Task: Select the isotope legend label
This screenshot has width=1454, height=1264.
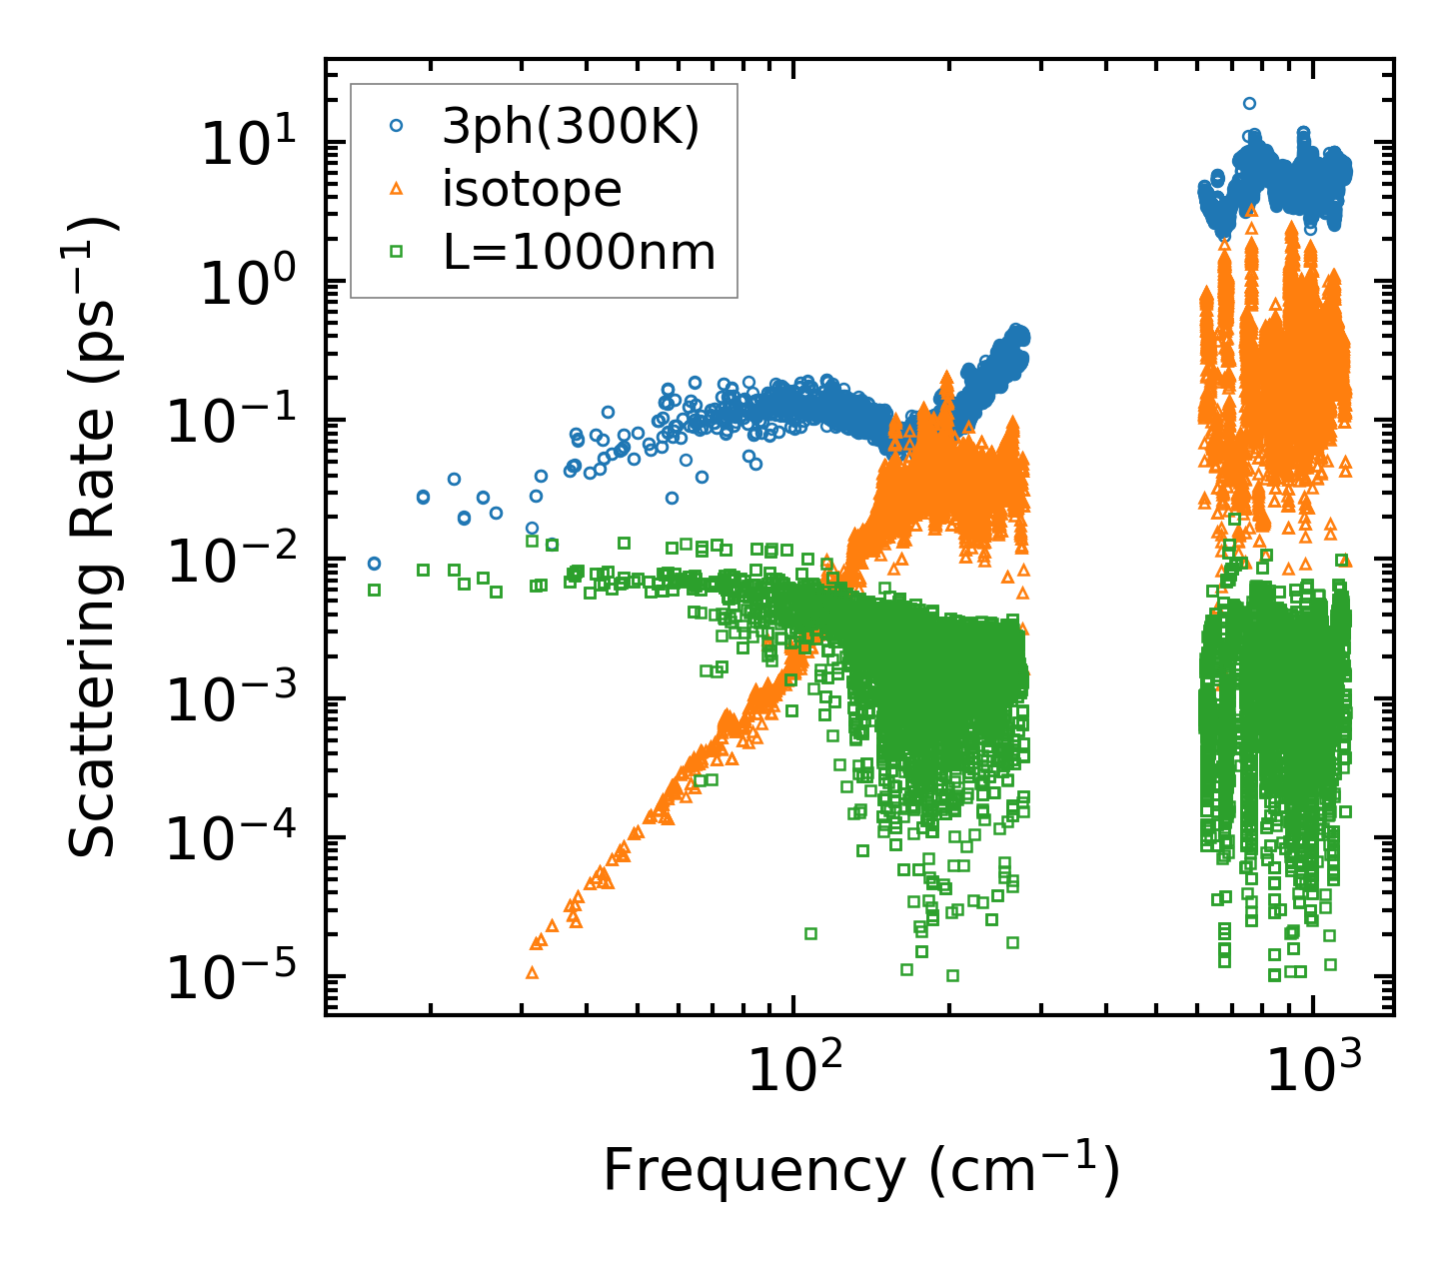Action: (x=532, y=189)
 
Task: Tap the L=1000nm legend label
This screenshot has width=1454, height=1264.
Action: (x=580, y=253)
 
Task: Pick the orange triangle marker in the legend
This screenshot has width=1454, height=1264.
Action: (x=397, y=189)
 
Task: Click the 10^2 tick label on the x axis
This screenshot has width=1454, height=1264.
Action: (x=793, y=1071)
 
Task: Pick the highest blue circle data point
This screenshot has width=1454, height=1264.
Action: (x=1249, y=103)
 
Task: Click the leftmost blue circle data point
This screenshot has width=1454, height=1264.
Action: (x=374, y=564)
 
